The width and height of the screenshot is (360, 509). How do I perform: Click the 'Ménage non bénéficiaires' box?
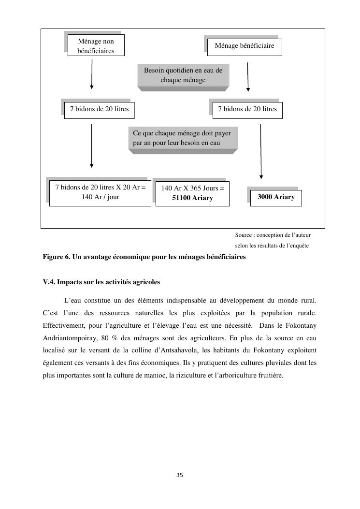pos(95,45)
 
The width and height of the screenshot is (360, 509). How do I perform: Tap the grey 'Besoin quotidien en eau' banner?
pos(183,75)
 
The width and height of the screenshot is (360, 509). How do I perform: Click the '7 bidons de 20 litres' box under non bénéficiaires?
pos(99,110)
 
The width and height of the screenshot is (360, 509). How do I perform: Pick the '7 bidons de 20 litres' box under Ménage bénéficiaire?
pos(247,110)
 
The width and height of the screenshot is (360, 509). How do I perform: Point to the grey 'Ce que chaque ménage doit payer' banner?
pos(183,138)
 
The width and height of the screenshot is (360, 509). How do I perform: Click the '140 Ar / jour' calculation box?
pos(100,192)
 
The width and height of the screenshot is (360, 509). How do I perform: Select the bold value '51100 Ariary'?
pos(192,198)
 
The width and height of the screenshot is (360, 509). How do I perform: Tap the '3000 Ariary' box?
pos(276,197)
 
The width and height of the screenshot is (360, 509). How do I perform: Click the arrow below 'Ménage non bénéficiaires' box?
pos(92,74)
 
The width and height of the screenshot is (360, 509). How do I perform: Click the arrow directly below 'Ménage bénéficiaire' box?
pos(248,76)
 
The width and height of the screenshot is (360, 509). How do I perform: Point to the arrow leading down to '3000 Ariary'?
pos(261,152)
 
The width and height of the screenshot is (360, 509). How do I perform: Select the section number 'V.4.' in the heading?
pos(50,282)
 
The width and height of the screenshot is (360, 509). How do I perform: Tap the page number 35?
pos(180,475)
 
